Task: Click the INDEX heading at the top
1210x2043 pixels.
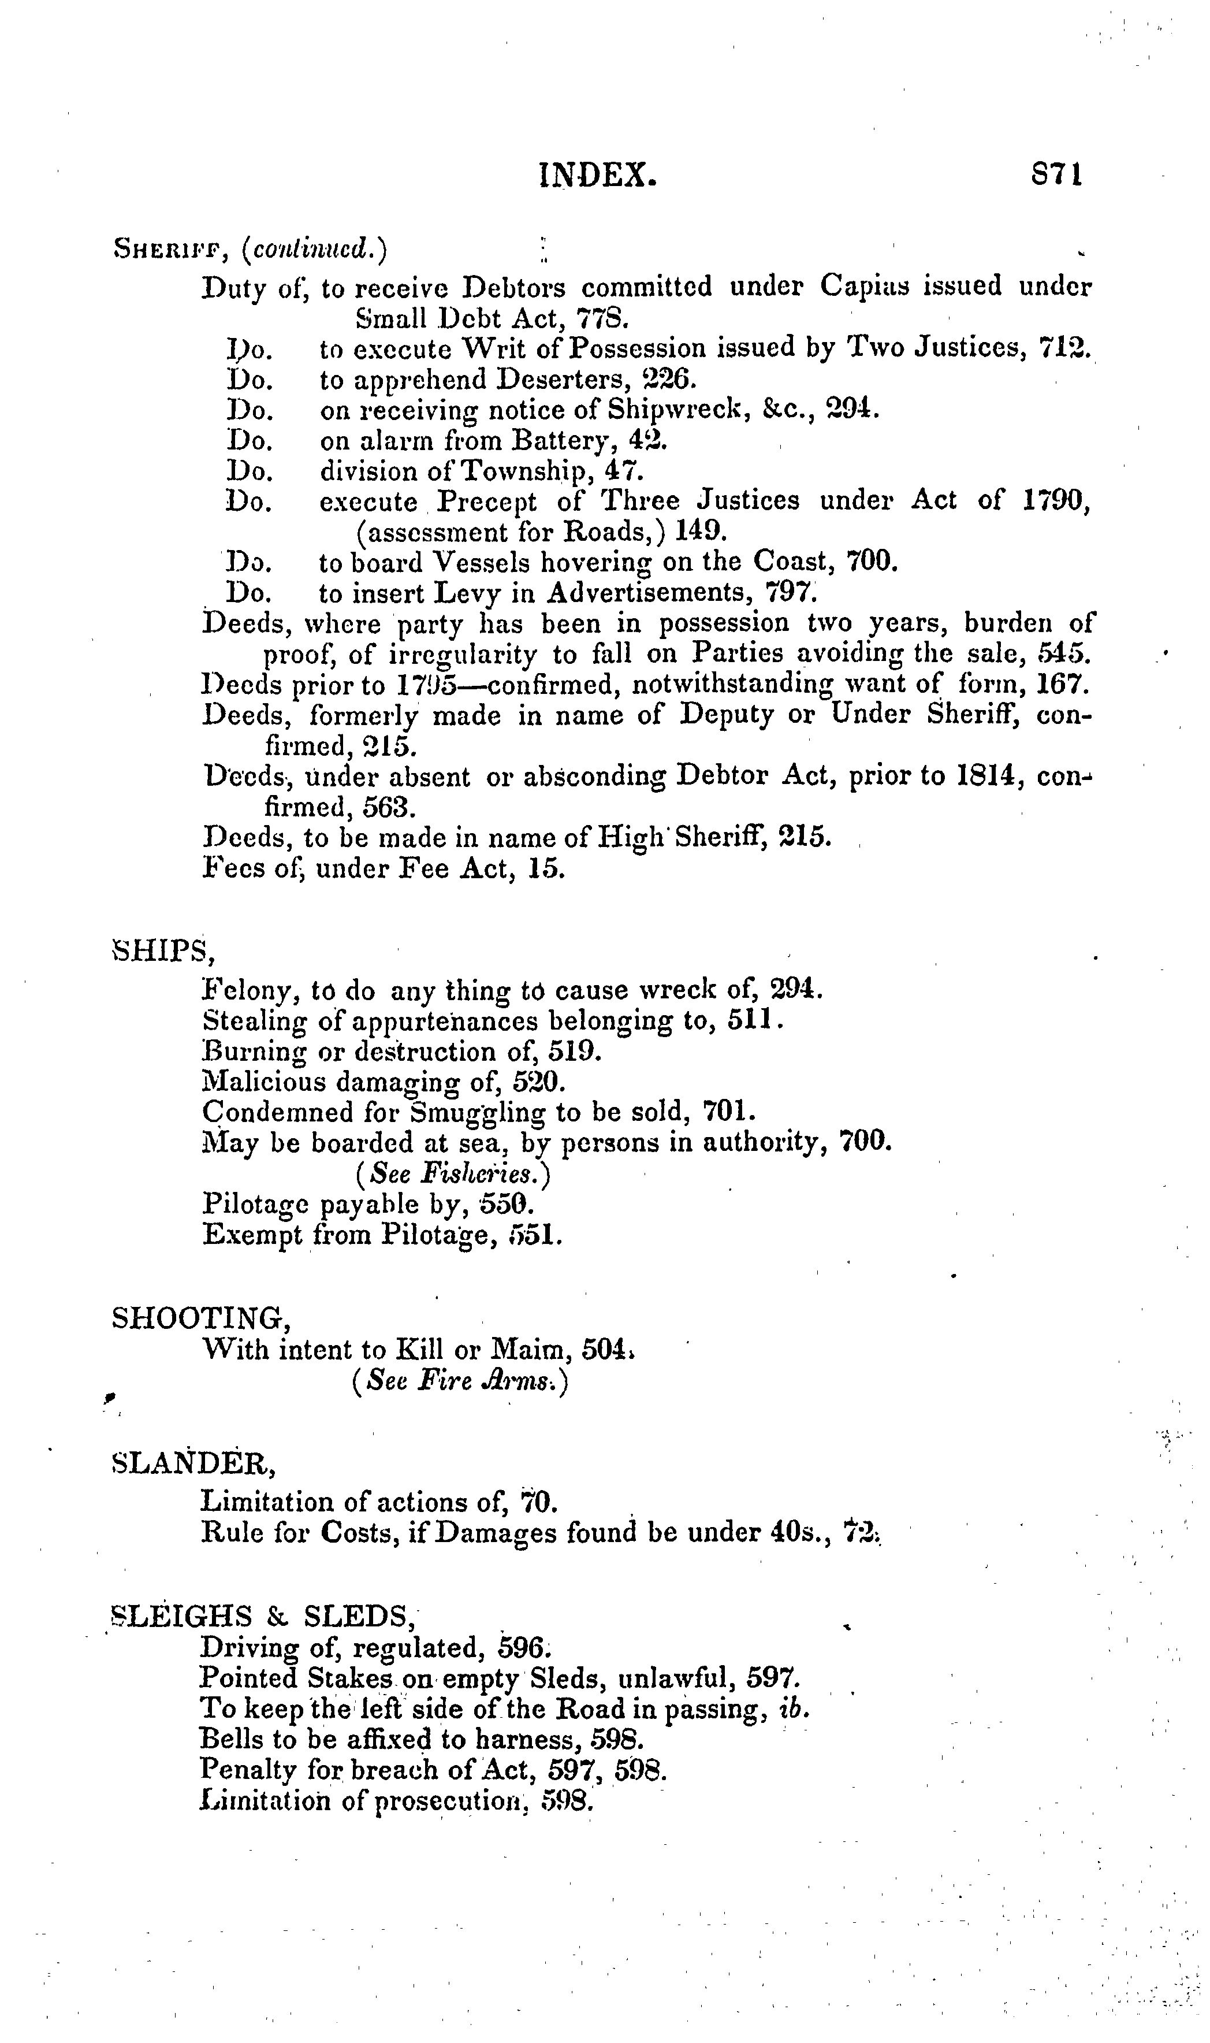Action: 598,175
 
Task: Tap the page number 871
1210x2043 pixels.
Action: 1057,174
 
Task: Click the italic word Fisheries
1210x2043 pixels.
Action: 479,1175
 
